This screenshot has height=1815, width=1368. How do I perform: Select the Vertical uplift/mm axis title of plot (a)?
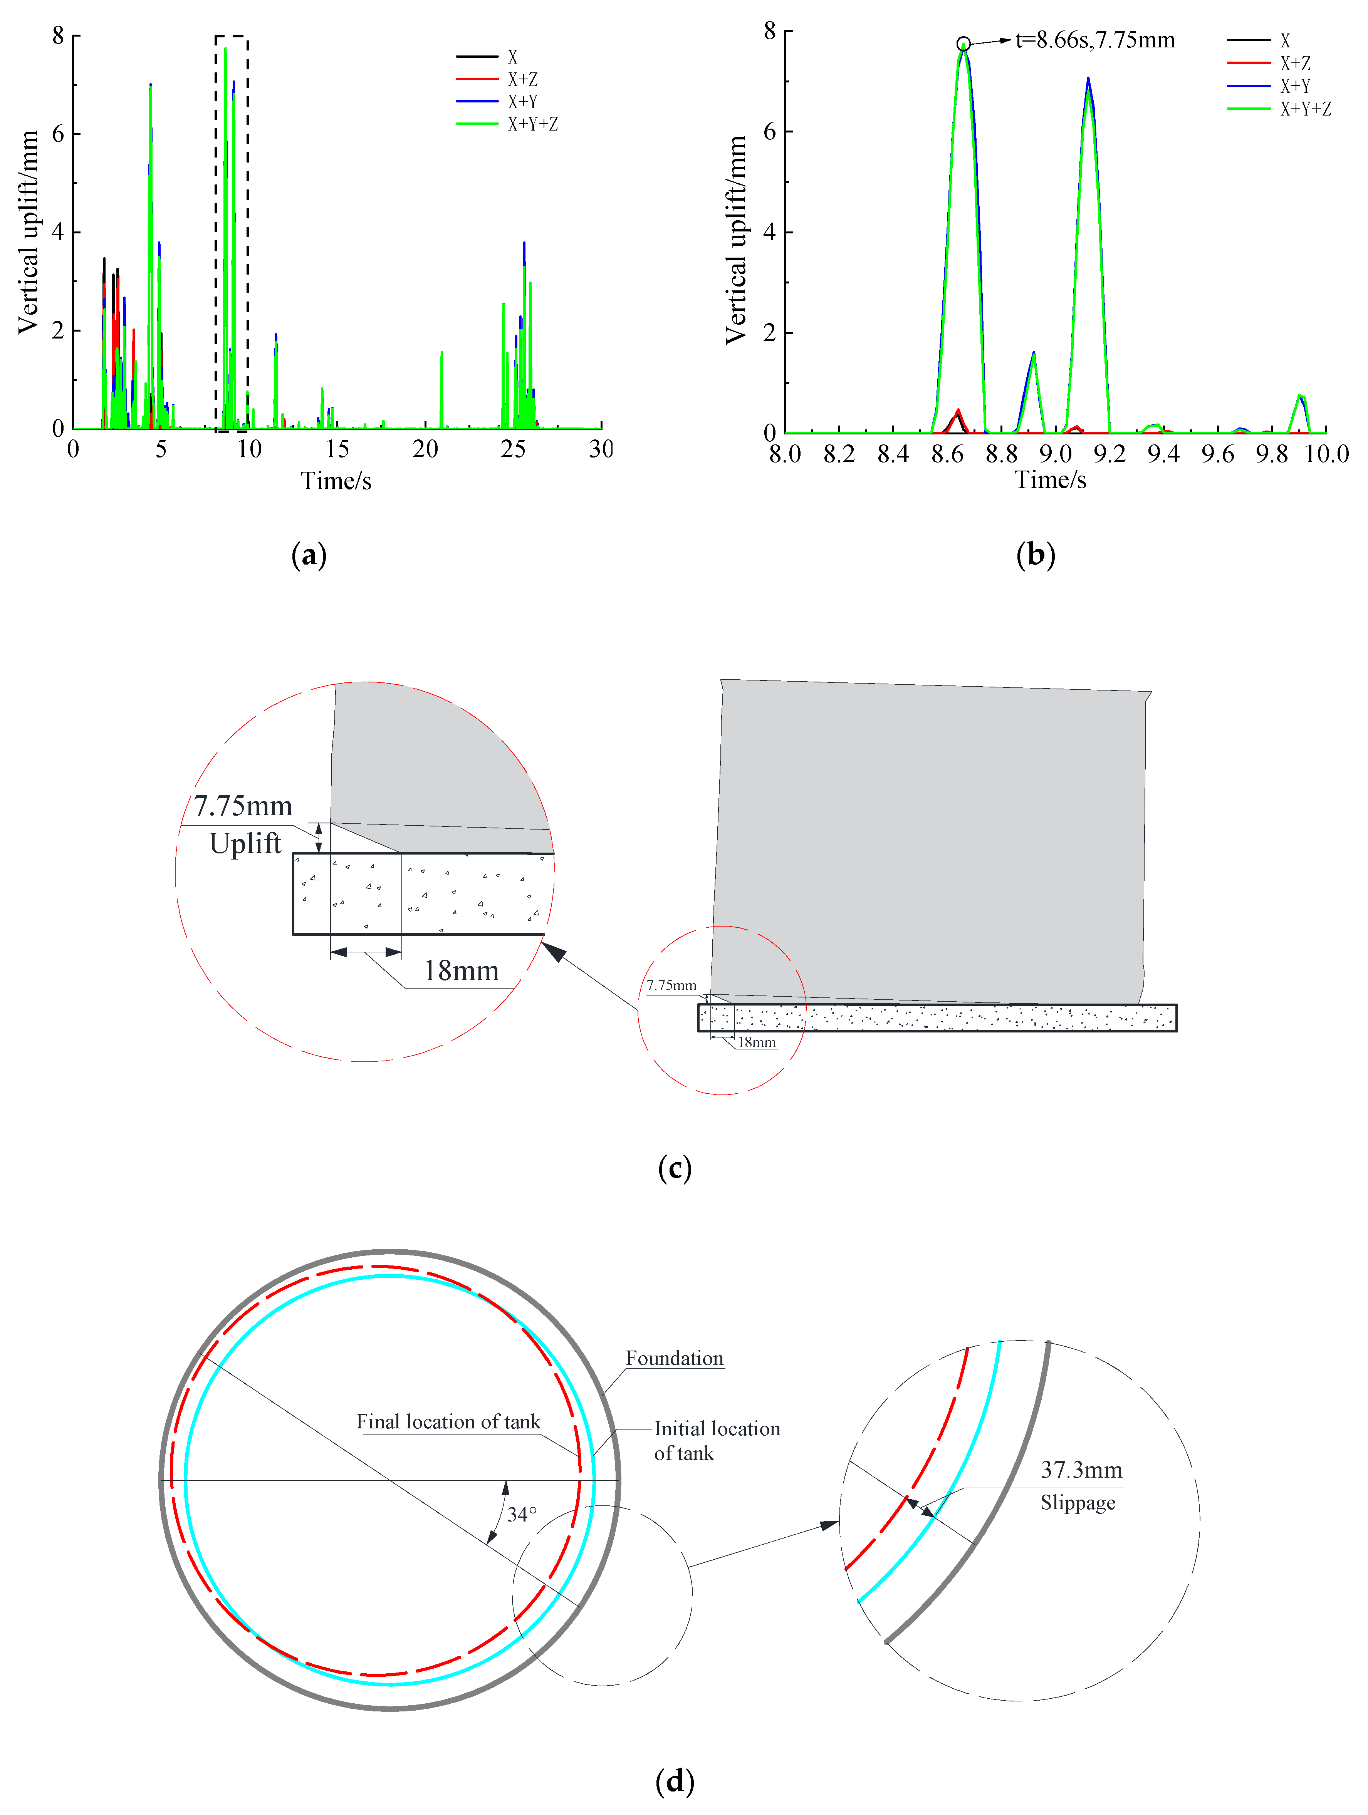coord(29,232)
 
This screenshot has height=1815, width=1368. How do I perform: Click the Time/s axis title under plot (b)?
coord(1051,480)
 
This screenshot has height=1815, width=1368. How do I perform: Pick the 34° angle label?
coord(522,1514)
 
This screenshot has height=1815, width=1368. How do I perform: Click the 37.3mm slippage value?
coord(1081,1470)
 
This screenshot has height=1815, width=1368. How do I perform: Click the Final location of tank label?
coord(448,1422)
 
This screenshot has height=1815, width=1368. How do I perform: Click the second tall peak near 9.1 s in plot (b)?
coord(1088,82)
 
